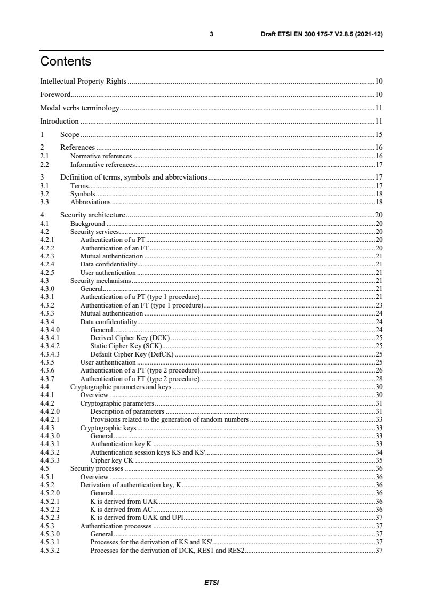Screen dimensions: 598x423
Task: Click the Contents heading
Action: tap(66, 62)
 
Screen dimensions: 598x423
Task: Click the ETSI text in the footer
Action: tap(212, 582)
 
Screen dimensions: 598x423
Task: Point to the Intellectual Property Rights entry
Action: tap(84, 82)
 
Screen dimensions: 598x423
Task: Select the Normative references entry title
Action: tap(101, 156)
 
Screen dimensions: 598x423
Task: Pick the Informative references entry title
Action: tap(102, 165)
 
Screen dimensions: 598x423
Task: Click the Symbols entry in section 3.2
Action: tap(83, 195)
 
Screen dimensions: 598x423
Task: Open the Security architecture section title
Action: tap(93, 215)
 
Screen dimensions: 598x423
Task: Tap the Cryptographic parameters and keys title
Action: tap(121, 386)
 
